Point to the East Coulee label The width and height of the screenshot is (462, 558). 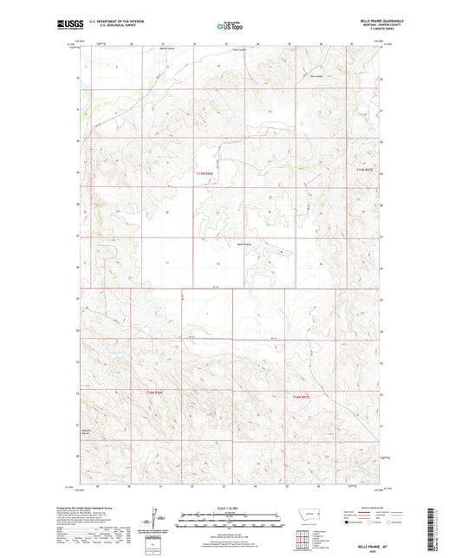coord(241,49)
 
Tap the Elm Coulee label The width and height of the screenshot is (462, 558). coord(316,75)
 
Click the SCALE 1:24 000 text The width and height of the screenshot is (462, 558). coord(231,508)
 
